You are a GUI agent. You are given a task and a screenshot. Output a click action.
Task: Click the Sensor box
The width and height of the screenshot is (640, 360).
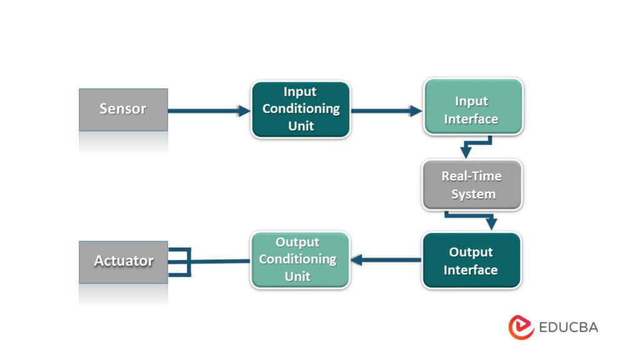click(123, 109)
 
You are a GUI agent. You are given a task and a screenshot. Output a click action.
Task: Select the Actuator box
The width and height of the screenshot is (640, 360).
click(123, 261)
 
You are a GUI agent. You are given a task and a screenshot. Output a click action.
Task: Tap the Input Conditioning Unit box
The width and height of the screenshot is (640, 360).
click(301, 109)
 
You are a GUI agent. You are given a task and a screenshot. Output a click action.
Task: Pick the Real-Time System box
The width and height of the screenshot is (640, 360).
click(472, 185)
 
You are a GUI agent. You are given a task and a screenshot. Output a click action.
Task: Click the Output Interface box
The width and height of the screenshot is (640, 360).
click(471, 261)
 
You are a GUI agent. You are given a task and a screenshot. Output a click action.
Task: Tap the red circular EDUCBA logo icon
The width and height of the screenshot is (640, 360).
click(521, 327)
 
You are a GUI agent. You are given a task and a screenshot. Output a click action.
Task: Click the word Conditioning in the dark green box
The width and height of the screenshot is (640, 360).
click(301, 109)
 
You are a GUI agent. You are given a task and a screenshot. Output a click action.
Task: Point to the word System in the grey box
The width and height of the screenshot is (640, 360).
click(473, 194)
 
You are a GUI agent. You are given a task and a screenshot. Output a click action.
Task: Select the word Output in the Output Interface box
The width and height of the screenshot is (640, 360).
click(471, 252)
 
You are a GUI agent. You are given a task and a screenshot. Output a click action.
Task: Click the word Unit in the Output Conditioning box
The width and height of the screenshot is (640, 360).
click(297, 276)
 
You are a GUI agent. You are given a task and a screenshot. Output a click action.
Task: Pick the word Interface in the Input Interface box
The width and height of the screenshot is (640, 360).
click(471, 119)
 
